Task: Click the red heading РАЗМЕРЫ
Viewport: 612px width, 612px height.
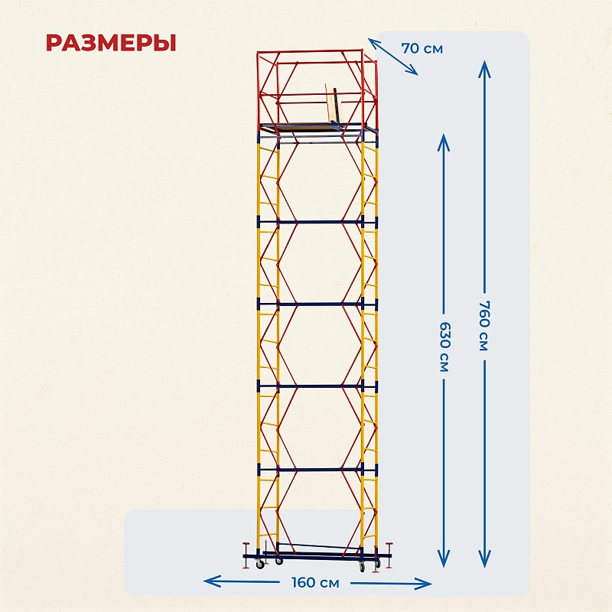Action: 111,42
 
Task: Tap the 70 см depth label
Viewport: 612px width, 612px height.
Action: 422,48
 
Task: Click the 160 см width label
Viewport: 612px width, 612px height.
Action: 315,583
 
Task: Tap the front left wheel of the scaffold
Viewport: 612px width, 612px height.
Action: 260,565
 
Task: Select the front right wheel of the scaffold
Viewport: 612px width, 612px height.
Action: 360,566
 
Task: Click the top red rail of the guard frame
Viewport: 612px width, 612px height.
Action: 310,51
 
